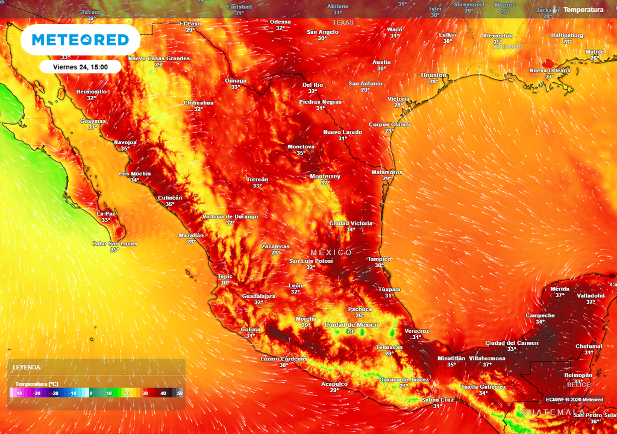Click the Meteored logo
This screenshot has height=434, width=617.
[x=80, y=40]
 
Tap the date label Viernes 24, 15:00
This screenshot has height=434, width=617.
[x=80, y=67]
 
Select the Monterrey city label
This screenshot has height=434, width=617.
[x=325, y=177]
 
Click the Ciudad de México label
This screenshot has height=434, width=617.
[x=351, y=325]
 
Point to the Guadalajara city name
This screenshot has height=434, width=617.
[x=258, y=296]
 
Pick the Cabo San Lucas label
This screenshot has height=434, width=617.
[x=114, y=244]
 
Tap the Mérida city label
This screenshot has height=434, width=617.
[x=560, y=289]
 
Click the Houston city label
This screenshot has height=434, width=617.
[x=434, y=75]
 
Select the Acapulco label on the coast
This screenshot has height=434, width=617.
[x=334, y=383]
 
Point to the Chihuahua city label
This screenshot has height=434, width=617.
[x=198, y=102]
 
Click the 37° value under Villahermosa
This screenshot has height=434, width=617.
[x=487, y=365]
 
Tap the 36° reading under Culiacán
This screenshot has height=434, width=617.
[x=170, y=204]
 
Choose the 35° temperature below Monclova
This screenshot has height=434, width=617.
[x=301, y=153]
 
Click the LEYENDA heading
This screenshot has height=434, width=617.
[x=27, y=367]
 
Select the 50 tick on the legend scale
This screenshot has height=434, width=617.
[x=180, y=393]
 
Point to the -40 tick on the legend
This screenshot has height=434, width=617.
[x=19, y=393]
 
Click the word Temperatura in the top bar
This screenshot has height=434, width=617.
[x=583, y=10]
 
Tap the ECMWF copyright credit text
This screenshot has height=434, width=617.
[x=574, y=399]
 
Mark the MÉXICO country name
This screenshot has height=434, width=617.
[x=331, y=252]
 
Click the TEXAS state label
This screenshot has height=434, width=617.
[x=343, y=22]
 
